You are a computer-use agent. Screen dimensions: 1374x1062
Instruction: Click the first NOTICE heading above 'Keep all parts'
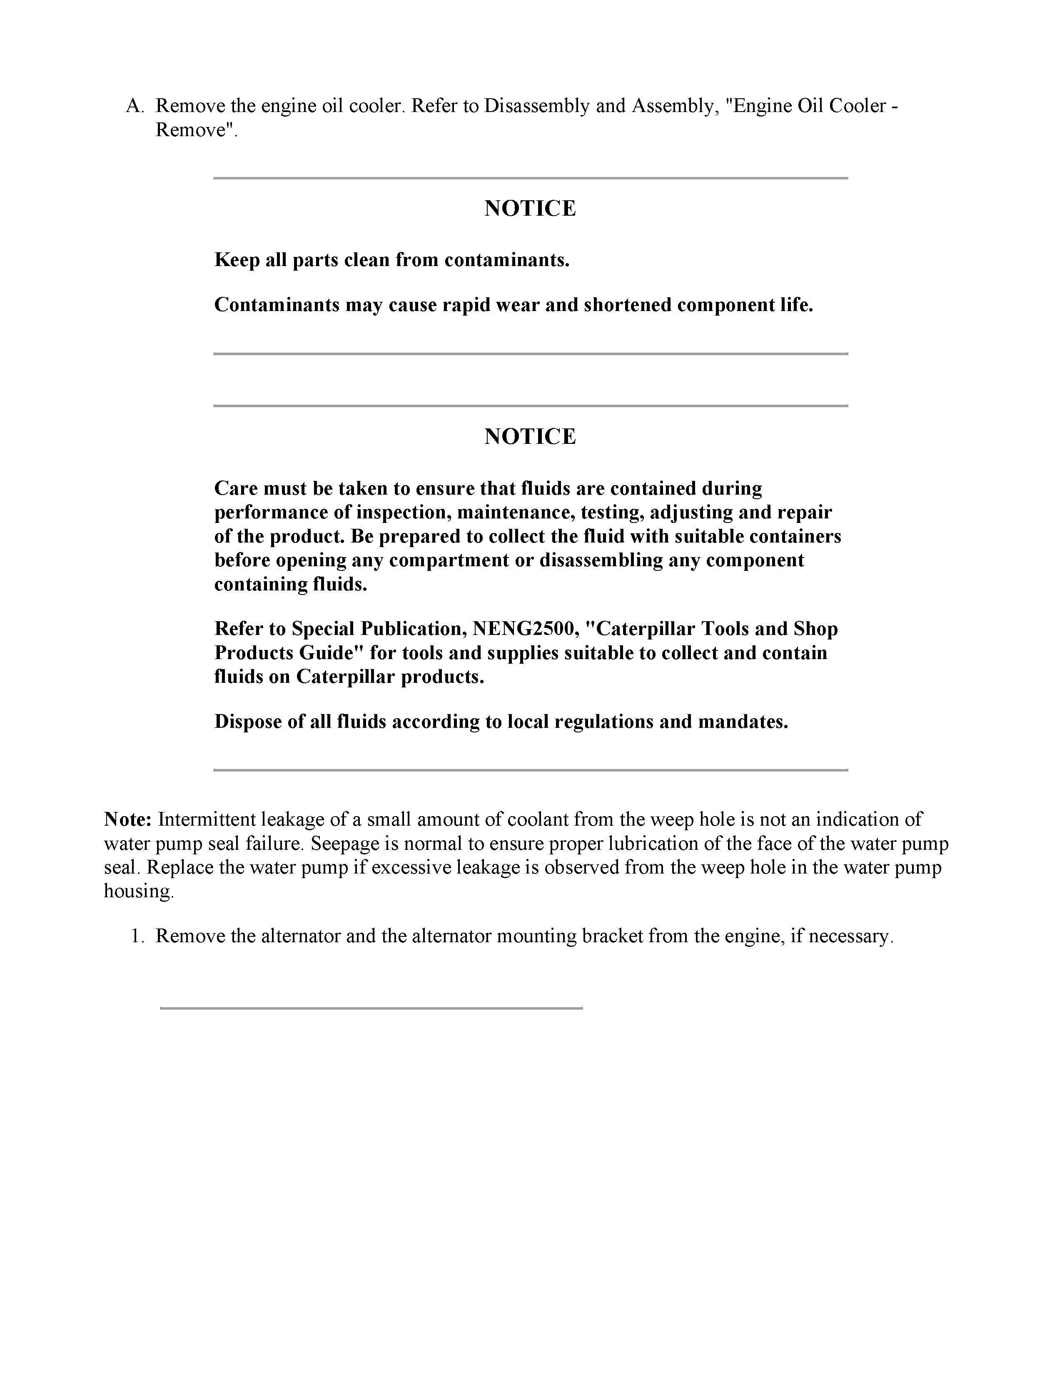coord(530,208)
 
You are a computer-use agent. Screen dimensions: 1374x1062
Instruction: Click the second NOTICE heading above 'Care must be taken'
coord(530,436)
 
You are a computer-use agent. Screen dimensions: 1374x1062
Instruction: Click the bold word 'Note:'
coord(128,820)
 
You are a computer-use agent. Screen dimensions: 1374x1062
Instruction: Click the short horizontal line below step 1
coord(371,1008)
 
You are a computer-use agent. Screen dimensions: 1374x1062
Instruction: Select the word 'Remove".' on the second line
coord(197,130)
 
